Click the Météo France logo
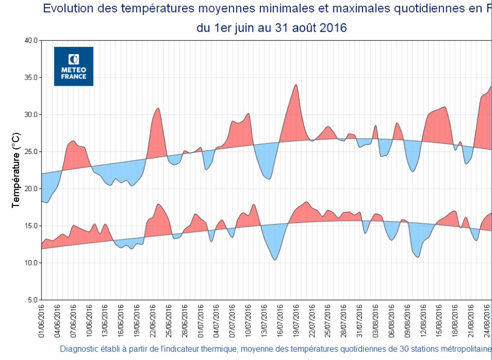73,66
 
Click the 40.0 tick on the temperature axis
31,40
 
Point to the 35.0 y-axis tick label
31,78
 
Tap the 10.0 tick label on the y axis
31,263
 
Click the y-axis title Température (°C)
17,170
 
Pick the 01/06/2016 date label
42,321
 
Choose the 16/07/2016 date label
280,321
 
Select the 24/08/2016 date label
487,321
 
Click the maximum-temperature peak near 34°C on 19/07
296,85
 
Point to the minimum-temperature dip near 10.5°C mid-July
275,259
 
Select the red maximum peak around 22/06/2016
158,109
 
